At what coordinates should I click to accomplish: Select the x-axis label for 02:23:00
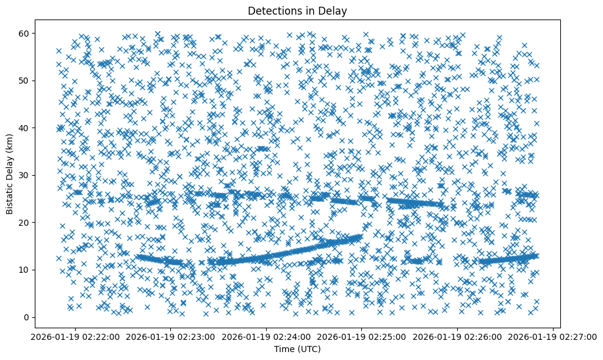pos(170,336)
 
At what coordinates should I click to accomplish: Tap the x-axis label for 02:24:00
pos(266,336)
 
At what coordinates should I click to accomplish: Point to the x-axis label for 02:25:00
pos(362,336)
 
